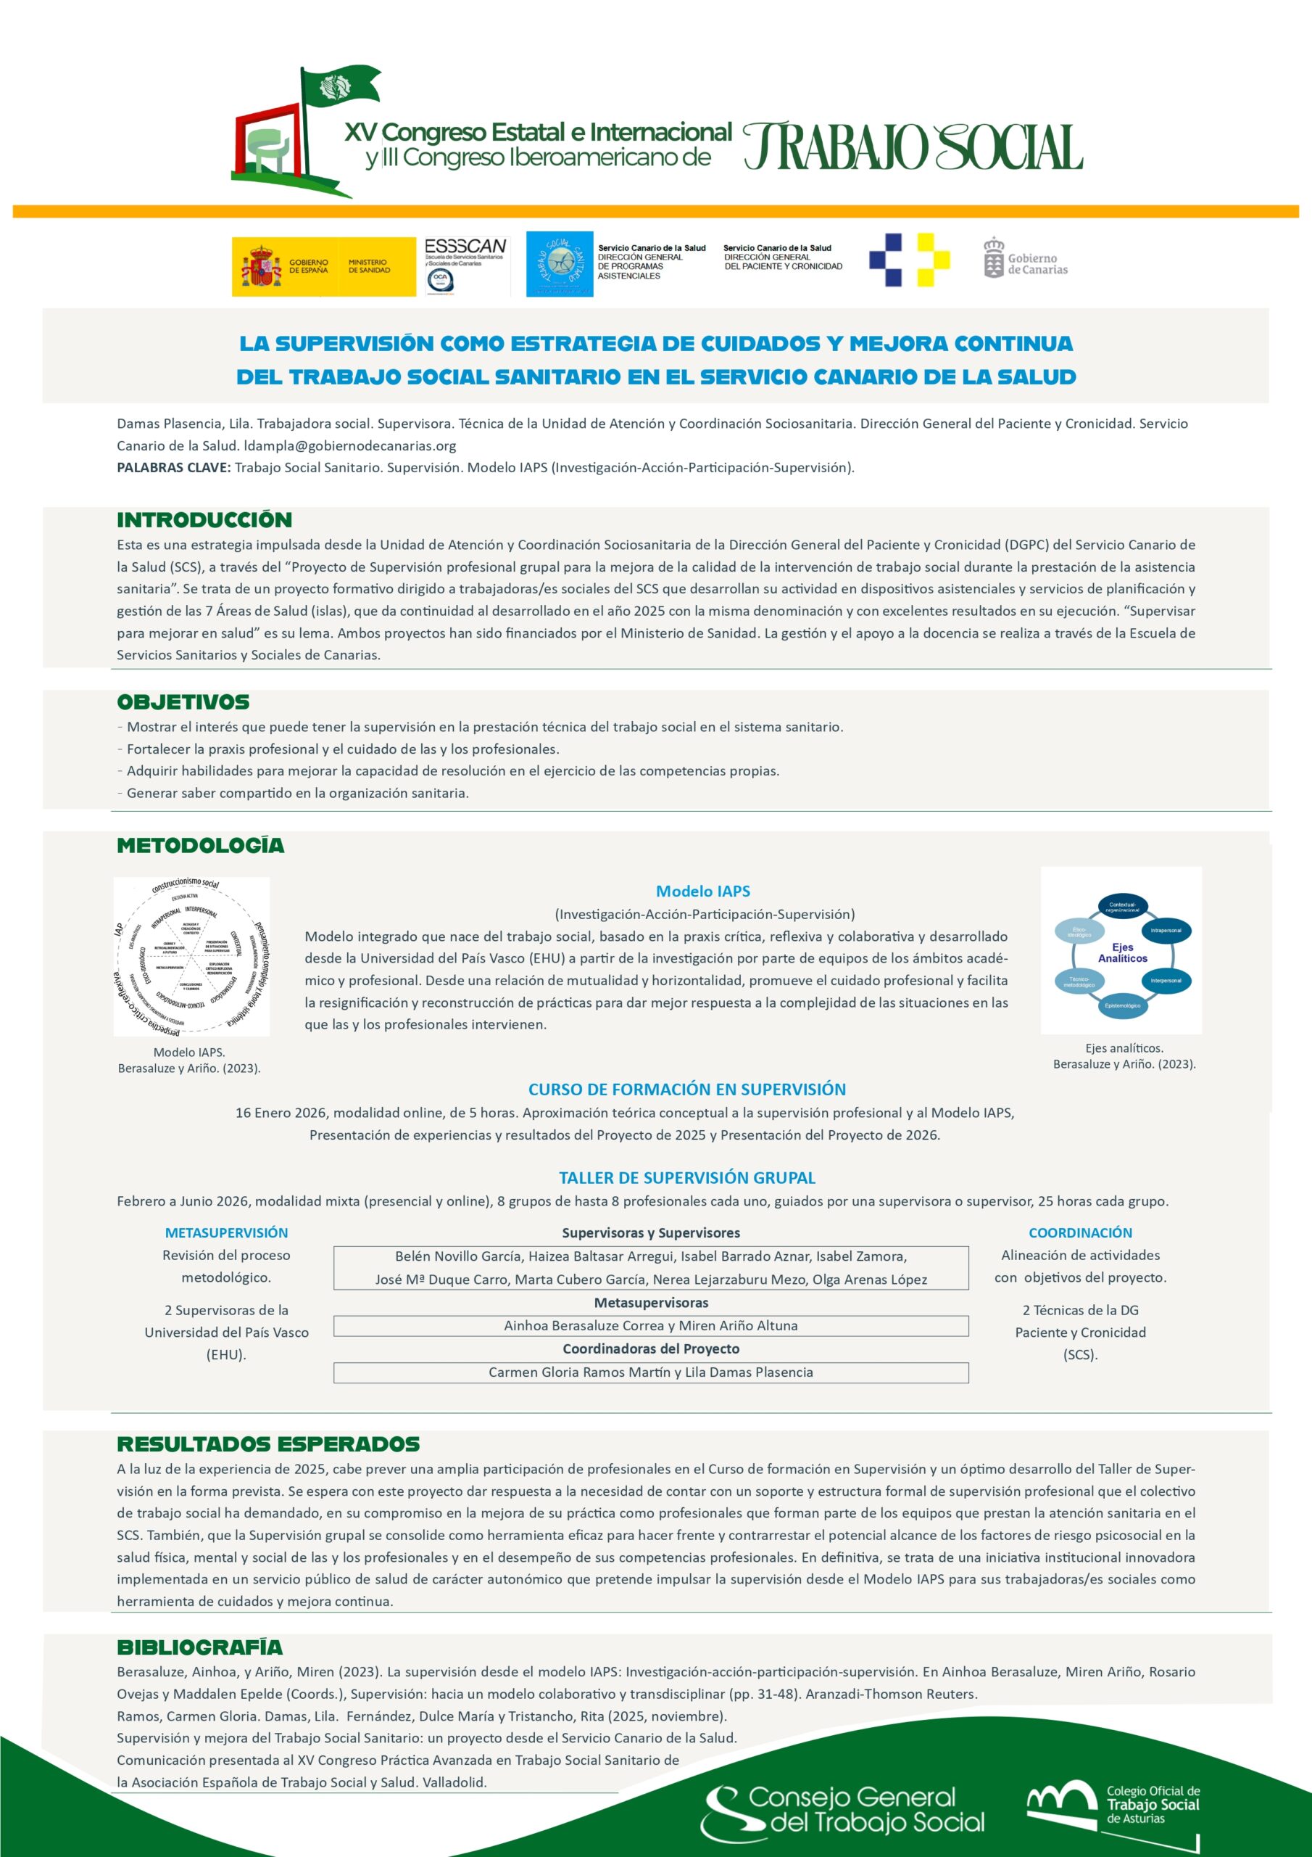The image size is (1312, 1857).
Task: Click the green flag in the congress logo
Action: click(x=339, y=86)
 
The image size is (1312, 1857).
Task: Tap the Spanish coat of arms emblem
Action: click(x=260, y=267)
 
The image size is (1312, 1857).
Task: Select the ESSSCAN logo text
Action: click(x=465, y=246)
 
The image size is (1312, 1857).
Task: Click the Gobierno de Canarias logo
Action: click(x=1025, y=259)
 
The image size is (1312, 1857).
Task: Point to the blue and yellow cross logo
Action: click(x=910, y=260)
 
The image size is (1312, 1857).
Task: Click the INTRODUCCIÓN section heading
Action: click(x=204, y=520)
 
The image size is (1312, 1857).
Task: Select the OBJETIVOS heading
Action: click(x=183, y=702)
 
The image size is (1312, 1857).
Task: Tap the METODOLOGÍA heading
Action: click(x=201, y=846)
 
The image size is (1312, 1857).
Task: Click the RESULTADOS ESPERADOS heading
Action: click(x=268, y=1444)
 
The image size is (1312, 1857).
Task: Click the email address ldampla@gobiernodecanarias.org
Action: click(x=350, y=445)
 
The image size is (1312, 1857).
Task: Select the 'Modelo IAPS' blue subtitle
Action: click(x=702, y=892)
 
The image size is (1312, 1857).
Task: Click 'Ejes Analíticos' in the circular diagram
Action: click(x=1122, y=952)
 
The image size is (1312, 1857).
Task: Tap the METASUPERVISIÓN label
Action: click(x=226, y=1232)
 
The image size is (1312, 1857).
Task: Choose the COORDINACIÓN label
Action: click(x=1080, y=1232)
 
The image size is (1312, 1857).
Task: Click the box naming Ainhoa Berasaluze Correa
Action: click(x=651, y=1325)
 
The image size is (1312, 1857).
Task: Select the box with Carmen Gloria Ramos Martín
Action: click(x=651, y=1372)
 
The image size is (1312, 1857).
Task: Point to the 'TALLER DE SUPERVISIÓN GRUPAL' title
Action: click(x=687, y=1177)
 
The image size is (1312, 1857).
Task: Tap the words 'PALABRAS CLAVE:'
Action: click(x=174, y=467)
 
